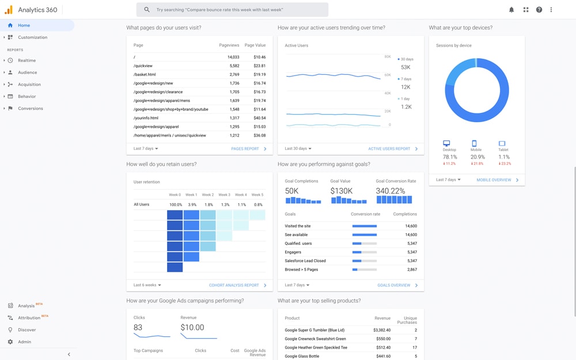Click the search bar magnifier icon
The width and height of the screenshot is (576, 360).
point(147,10)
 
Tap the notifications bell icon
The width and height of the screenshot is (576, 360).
point(511,10)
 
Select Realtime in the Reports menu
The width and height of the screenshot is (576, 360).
point(26,60)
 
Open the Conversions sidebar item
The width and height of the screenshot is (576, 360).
point(30,108)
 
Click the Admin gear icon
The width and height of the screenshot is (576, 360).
point(10,342)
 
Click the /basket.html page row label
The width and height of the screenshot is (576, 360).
point(145,74)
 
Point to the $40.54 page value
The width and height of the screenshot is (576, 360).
point(259,118)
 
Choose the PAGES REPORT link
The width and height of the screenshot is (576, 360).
point(245,149)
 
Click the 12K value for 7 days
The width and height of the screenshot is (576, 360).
point(406,87)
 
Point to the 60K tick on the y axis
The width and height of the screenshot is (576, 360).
point(387,75)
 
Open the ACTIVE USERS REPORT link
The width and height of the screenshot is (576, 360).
point(389,149)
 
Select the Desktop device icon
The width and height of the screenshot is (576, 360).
point(446,143)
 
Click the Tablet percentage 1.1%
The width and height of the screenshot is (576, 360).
point(504,157)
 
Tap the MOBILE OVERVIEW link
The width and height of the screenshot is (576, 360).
point(494,180)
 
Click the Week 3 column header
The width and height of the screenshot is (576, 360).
point(224,195)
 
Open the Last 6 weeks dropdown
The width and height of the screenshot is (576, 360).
point(147,285)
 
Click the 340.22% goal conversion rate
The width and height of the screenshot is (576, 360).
point(390,191)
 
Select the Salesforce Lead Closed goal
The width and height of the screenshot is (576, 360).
point(305,261)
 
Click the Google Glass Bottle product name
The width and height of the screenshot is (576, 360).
point(302,356)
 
